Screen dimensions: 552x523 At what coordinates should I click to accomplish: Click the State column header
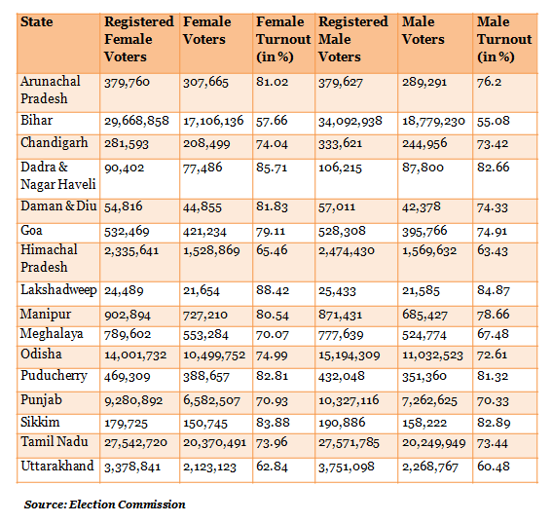(37, 21)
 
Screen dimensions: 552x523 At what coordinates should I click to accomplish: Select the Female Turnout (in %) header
(283, 39)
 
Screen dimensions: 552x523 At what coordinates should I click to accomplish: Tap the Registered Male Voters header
(353, 39)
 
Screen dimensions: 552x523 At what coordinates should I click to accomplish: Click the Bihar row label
(37, 120)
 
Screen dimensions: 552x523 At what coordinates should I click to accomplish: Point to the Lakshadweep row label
(58, 290)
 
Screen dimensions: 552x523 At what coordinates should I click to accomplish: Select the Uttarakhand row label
(57, 466)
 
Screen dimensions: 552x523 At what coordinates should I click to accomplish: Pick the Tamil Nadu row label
(55, 441)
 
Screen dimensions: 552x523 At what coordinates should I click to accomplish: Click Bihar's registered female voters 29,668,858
(136, 121)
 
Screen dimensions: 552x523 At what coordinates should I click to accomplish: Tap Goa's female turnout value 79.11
(271, 232)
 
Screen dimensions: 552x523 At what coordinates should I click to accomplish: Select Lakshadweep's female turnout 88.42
(273, 290)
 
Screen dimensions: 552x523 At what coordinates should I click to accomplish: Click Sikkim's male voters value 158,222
(424, 423)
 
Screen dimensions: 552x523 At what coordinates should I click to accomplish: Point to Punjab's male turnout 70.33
(493, 401)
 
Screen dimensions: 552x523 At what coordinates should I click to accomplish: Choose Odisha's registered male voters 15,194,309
(350, 355)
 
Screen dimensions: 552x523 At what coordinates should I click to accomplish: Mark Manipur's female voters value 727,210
(205, 315)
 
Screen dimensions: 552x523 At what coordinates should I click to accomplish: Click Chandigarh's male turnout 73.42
(493, 144)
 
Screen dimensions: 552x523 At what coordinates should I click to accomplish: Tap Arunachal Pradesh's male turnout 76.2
(490, 82)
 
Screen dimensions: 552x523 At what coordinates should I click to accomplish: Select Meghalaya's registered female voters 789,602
(128, 334)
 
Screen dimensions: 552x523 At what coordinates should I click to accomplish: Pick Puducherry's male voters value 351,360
(424, 376)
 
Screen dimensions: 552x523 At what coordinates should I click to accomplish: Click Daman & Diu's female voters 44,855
(202, 207)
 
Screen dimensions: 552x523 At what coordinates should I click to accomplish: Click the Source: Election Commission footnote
(104, 504)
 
